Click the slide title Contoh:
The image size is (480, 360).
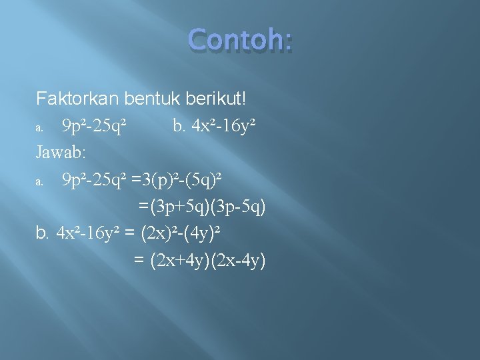[x=241, y=41]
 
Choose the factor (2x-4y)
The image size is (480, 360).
[x=237, y=261]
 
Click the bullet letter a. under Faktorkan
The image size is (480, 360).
[x=40, y=127]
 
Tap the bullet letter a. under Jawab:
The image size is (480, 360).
[x=40, y=181]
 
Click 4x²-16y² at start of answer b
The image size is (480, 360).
[x=88, y=234]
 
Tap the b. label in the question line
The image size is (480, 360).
[x=178, y=125]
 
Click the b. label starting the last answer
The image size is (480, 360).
[x=43, y=234]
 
